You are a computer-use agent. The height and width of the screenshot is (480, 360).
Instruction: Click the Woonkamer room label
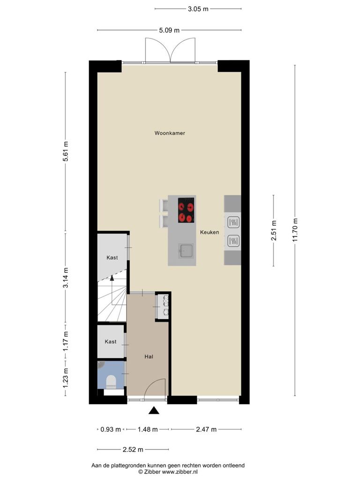[x=170, y=133]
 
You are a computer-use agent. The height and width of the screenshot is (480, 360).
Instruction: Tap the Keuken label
[x=210, y=232]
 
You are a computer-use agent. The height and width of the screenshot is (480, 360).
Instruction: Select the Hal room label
[x=149, y=357]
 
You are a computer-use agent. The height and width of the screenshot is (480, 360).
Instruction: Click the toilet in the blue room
[x=111, y=382]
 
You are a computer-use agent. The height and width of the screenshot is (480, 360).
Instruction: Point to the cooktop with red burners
[x=186, y=210]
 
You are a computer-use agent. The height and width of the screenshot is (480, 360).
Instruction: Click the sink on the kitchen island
[x=186, y=251]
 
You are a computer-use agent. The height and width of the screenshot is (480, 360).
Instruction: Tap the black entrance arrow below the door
[x=154, y=411]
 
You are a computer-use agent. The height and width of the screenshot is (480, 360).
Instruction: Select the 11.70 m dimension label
[x=295, y=230]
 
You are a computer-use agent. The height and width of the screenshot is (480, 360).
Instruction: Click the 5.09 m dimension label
[x=169, y=30]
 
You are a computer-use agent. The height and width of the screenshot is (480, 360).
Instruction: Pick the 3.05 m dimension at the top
[x=198, y=9]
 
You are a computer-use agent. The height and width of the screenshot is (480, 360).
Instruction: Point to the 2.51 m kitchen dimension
[x=274, y=230]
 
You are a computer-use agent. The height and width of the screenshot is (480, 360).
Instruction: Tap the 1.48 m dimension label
[x=148, y=429]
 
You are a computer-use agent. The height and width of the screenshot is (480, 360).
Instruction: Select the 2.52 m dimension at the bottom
[x=133, y=450]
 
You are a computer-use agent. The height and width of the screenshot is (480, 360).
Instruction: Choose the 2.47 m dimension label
[x=206, y=429]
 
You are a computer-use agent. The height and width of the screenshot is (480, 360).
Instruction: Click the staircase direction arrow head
[x=112, y=277]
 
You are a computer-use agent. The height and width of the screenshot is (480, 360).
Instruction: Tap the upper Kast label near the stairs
[x=112, y=258]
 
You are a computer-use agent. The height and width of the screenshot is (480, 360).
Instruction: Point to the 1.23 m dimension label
[x=65, y=378]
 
